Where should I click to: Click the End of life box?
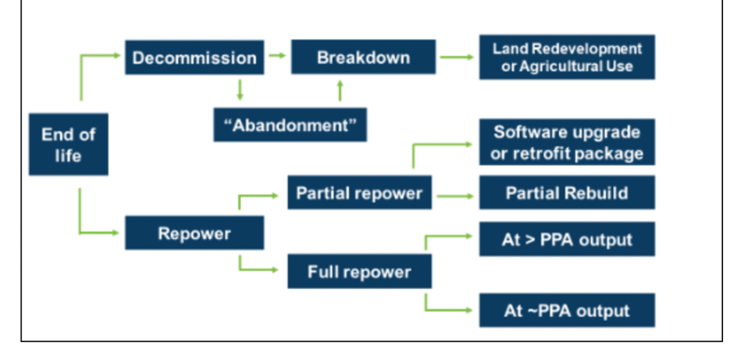68,144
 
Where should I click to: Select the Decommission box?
194,58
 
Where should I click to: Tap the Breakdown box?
364,57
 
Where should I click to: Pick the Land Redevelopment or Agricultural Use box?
567,57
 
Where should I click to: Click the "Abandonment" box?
291,125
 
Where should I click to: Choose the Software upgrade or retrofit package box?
567,142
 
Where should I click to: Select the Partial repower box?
360,193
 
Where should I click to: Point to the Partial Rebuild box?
567,192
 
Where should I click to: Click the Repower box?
194,233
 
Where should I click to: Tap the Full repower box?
360,272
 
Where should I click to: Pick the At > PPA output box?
567,239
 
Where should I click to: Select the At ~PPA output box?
567,310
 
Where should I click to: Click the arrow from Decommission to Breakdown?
278,56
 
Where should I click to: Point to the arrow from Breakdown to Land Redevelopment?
457,57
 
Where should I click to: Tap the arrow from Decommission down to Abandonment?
240,90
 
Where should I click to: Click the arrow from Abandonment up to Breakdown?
340,91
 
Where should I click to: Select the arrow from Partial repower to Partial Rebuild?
456,196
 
